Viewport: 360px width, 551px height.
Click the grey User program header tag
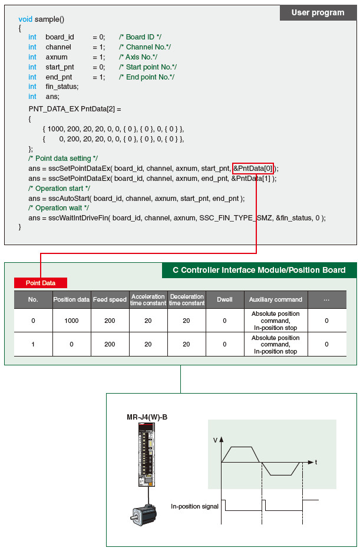(318, 12)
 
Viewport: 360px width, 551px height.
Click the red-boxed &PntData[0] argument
(253, 168)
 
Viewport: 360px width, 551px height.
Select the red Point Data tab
(41, 283)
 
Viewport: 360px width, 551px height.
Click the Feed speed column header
(110, 299)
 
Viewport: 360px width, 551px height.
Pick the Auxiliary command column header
(275, 299)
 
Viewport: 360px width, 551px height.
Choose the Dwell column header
(224, 299)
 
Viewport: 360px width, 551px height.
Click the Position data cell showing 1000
(71, 320)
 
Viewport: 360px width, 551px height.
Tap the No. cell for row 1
(33, 344)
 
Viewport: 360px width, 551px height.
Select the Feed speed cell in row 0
(110, 320)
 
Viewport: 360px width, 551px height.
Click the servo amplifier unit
(145, 455)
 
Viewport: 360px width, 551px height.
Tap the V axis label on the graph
(214, 440)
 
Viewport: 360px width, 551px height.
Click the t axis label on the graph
(316, 462)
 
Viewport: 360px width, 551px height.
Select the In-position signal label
(194, 506)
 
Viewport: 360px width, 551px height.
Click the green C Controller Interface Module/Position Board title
(259, 270)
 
